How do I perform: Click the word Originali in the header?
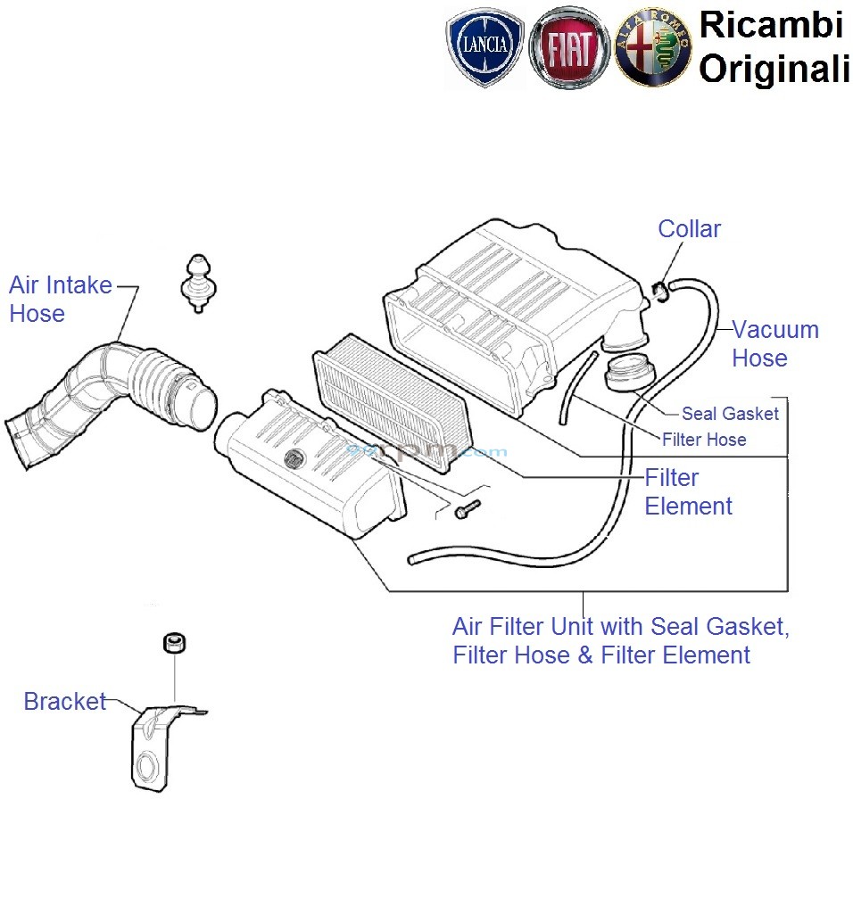tap(773, 69)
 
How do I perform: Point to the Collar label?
tap(689, 229)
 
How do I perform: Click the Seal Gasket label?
tap(730, 414)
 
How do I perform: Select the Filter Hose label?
tap(704, 439)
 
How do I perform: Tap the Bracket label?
tap(65, 702)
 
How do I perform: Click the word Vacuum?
tap(775, 330)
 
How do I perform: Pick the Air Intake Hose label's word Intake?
tap(79, 286)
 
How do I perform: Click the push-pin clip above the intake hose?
tap(198, 282)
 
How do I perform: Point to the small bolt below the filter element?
tap(466, 509)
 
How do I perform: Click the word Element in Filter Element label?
tap(688, 507)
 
